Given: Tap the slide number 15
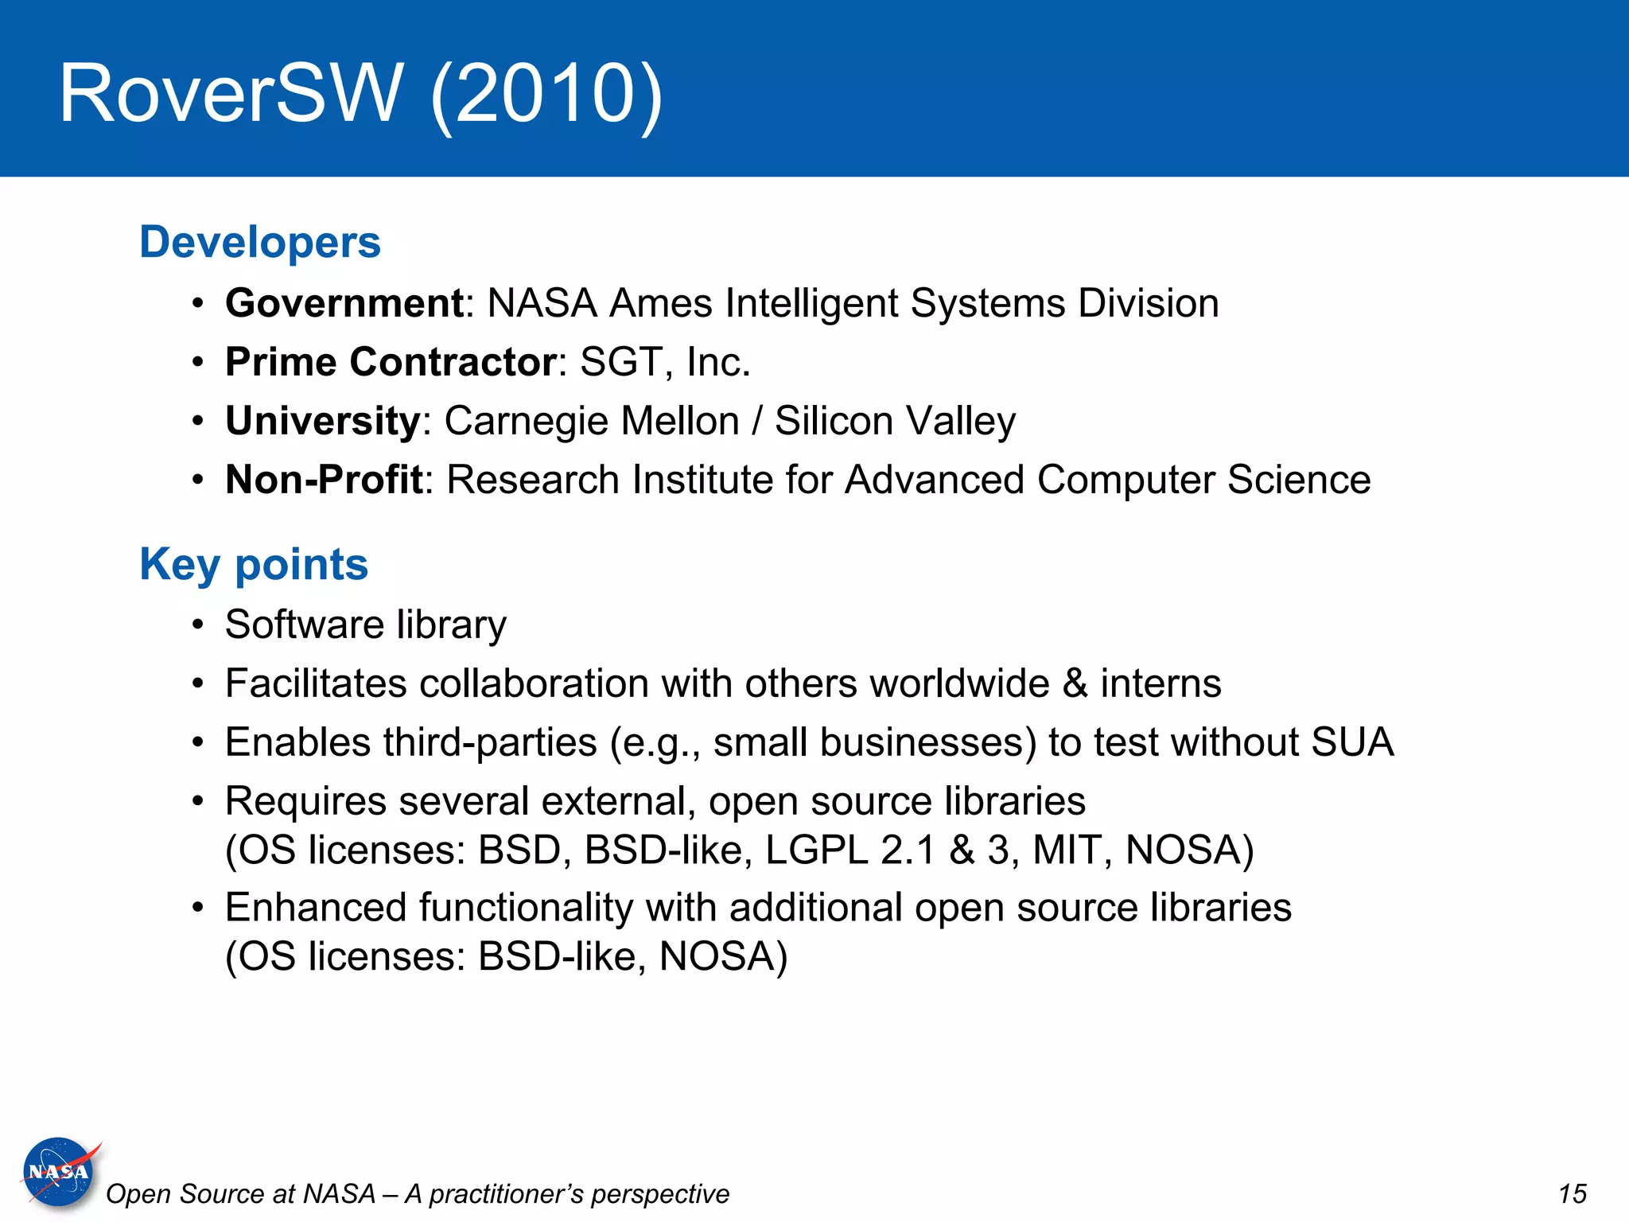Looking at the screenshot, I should pyautogui.click(x=1572, y=1194).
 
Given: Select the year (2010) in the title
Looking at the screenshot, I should pyautogui.click(x=546, y=95).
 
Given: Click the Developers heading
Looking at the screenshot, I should pyautogui.click(x=260, y=242).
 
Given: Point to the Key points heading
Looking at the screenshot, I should pyautogui.click(x=254, y=564).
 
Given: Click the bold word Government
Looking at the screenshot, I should pyautogui.click(x=344, y=303).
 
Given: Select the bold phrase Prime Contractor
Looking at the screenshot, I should pyautogui.click(x=391, y=362).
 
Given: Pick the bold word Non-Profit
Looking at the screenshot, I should pyautogui.click(x=324, y=480).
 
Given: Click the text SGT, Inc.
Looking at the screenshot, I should pyautogui.click(x=665, y=362).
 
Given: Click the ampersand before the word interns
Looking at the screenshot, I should pyautogui.click(x=1075, y=683).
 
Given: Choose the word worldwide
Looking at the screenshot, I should pyautogui.click(x=960, y=683).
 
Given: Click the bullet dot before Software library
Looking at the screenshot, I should pyautogui.click(x=198, y=625).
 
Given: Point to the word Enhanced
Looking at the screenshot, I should pyautogui.click(x=316, y=908).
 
